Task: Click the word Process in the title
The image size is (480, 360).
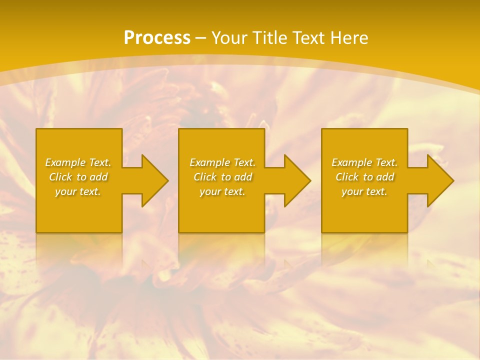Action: (x=157, y=38)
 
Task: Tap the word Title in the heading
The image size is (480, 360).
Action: (x=269, y=38)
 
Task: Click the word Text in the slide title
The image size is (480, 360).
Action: (x=309, y=38)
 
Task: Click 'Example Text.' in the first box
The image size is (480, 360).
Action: (x=78, y=162)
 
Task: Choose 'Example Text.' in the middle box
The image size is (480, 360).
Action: (x=222, y=162)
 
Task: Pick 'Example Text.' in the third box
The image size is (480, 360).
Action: (x=364, y=162)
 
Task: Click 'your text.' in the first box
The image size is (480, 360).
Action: (x=78, y=191)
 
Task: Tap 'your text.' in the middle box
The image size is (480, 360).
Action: (x=222, y=191)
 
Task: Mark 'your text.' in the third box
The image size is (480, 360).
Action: (x=364, y=191)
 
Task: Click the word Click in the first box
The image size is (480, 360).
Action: (x=60, y=177)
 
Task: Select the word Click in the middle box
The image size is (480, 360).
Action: (x=205, y=177)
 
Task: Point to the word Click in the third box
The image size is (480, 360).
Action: (x=347, y=177)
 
